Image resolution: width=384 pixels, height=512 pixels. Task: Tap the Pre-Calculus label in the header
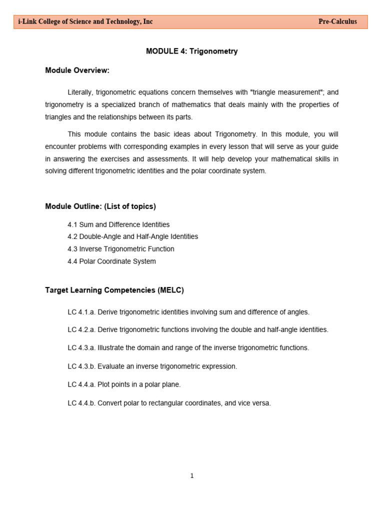coord(337,21)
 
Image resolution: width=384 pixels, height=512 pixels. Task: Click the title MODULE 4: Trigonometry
coord(191,51)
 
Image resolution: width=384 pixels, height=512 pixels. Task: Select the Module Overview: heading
coord(77,70)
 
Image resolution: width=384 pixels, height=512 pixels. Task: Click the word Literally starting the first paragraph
coord(80,92)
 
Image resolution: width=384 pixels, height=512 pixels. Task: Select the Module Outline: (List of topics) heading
coord(100,206)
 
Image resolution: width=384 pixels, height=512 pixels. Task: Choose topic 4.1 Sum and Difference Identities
coord(118,224)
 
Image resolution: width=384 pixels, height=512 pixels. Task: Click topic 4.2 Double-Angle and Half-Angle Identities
coord(132,236)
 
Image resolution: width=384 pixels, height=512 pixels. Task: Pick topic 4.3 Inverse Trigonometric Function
coord(121,249)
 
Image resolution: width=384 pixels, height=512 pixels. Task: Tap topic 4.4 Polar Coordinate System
coord(111,261)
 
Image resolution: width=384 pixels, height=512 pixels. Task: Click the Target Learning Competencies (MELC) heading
coord(114,290)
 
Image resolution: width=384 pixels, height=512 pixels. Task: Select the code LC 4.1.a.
coord(81,312)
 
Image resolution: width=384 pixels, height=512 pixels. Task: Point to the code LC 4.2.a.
coord(81,330)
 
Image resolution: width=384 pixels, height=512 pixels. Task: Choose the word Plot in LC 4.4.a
coord(104,384)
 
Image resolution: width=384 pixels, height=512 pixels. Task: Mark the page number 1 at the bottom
coord(192,476)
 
